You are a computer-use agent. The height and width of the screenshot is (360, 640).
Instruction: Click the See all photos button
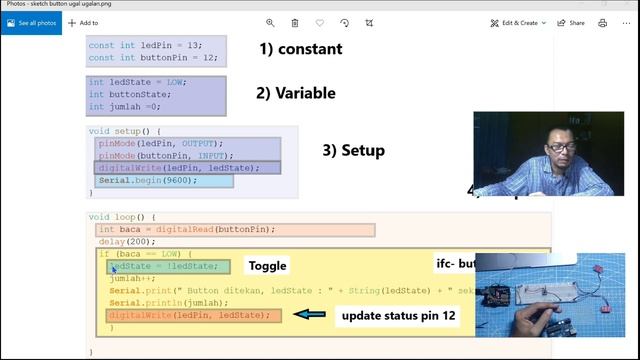(x=36, y=22)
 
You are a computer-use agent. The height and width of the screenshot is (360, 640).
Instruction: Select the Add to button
(x=84, y=22)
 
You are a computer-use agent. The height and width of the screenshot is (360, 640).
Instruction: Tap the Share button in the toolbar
(x=572, y=22)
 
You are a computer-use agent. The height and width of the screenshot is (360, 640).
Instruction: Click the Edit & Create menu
(x=517, y=22)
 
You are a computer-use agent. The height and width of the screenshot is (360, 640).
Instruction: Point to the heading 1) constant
(x=300, y=49)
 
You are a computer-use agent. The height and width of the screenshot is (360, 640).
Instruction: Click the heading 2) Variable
(x=295, y=94)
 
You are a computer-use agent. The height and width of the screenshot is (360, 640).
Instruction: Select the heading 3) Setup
(x=353, y=150)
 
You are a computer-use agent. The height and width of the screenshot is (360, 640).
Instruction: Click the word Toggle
(x=267, y=266)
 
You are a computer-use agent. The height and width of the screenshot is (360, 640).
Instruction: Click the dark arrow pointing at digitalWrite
(x=309, y=315)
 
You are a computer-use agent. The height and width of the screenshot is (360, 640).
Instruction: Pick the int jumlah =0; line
(x=125, y=106)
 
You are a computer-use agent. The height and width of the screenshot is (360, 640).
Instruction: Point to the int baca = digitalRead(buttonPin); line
(x=187, y=230)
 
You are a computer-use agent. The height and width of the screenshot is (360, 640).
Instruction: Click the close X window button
(x=625, y=4)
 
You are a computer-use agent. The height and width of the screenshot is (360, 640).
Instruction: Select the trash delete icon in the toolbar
(x=295, y=22)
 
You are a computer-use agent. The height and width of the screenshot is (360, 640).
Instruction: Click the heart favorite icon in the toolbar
(x=320, y=22)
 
